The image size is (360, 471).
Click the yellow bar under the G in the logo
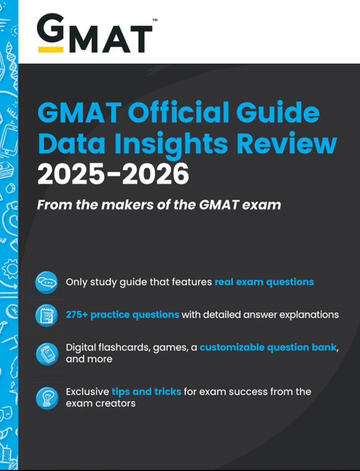(51, 49)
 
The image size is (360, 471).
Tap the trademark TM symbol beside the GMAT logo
(155, 21)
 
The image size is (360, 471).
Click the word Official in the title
(179, 112)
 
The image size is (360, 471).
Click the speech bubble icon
(46, 283)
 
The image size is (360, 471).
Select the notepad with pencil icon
(46, 315)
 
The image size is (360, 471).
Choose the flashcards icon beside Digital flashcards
(47, 354)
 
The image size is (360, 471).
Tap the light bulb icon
(47, 398)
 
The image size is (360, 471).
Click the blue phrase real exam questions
(264, 283)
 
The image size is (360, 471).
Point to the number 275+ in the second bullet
(77, 315)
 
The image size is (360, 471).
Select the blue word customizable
(232, 347)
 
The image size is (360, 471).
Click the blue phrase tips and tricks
(146, 392)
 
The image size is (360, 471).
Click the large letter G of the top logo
(51, 29)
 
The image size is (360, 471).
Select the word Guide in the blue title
(278, 112)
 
